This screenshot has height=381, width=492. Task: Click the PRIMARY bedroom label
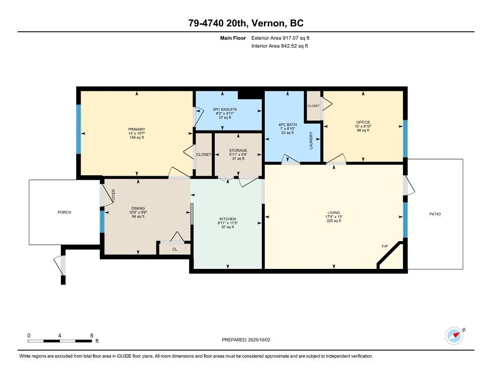pyautogui.click(x=137, y=129)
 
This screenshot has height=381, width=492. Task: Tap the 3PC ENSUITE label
pyautogui.click(x=225, y=110)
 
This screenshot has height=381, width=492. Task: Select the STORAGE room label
pyautogui.click(x=238, y=150)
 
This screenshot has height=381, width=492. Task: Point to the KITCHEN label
pyautogui.click(x=228, y=219)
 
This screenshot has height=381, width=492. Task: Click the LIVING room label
pyautogui.click(x=334, y=213)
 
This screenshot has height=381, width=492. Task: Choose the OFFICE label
pyautogui.click(x=363, y=122)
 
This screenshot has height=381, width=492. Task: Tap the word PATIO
pyautogui.click(x=435, y=214)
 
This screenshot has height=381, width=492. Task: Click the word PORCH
pyautogui.click(x=64, y=212)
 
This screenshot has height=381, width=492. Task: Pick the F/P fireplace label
pyautogui.click(x=385, y=247)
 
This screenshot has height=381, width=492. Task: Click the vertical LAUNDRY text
pyautogui.click(x=311, y=140)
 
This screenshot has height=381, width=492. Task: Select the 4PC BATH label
pyautogui.click(x=288, y=125)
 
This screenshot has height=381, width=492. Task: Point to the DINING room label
pyautogui.click(x=138, y=208)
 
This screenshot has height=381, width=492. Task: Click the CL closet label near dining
pyautogui.click(x=175, y=249)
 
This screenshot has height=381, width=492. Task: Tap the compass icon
pyautogui.click(x=454, y=336)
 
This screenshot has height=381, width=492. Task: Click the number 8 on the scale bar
pyautogui.click(x=92, y=336)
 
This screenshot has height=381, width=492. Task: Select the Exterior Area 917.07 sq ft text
pyautogui.click(x=280, y=38)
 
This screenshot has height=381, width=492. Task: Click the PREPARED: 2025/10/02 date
pyautogui.click(x=246, y=340)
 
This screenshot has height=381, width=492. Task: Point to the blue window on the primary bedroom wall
pyautogui.click(x=78, y=129)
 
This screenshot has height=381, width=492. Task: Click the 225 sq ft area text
pyautogui.click(x=334, y=221)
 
